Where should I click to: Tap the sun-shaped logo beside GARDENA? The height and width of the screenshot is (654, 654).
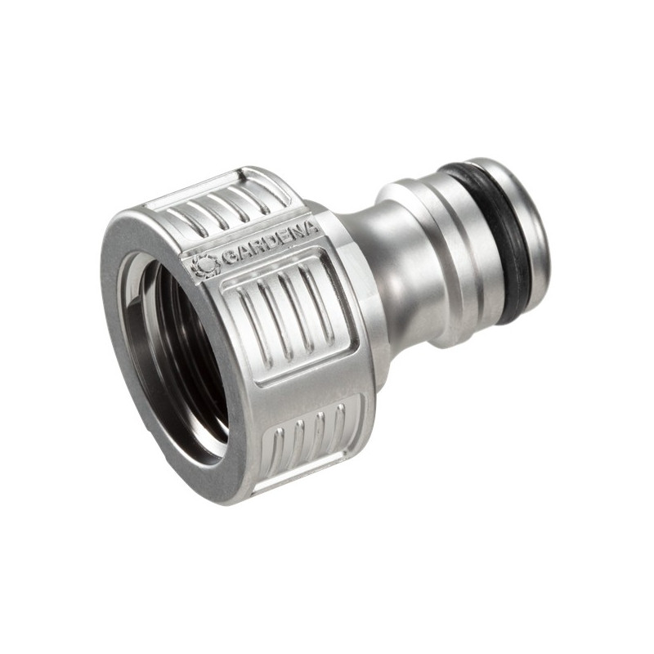click(205, 265)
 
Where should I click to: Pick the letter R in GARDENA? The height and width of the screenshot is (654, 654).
click(253, 249)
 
